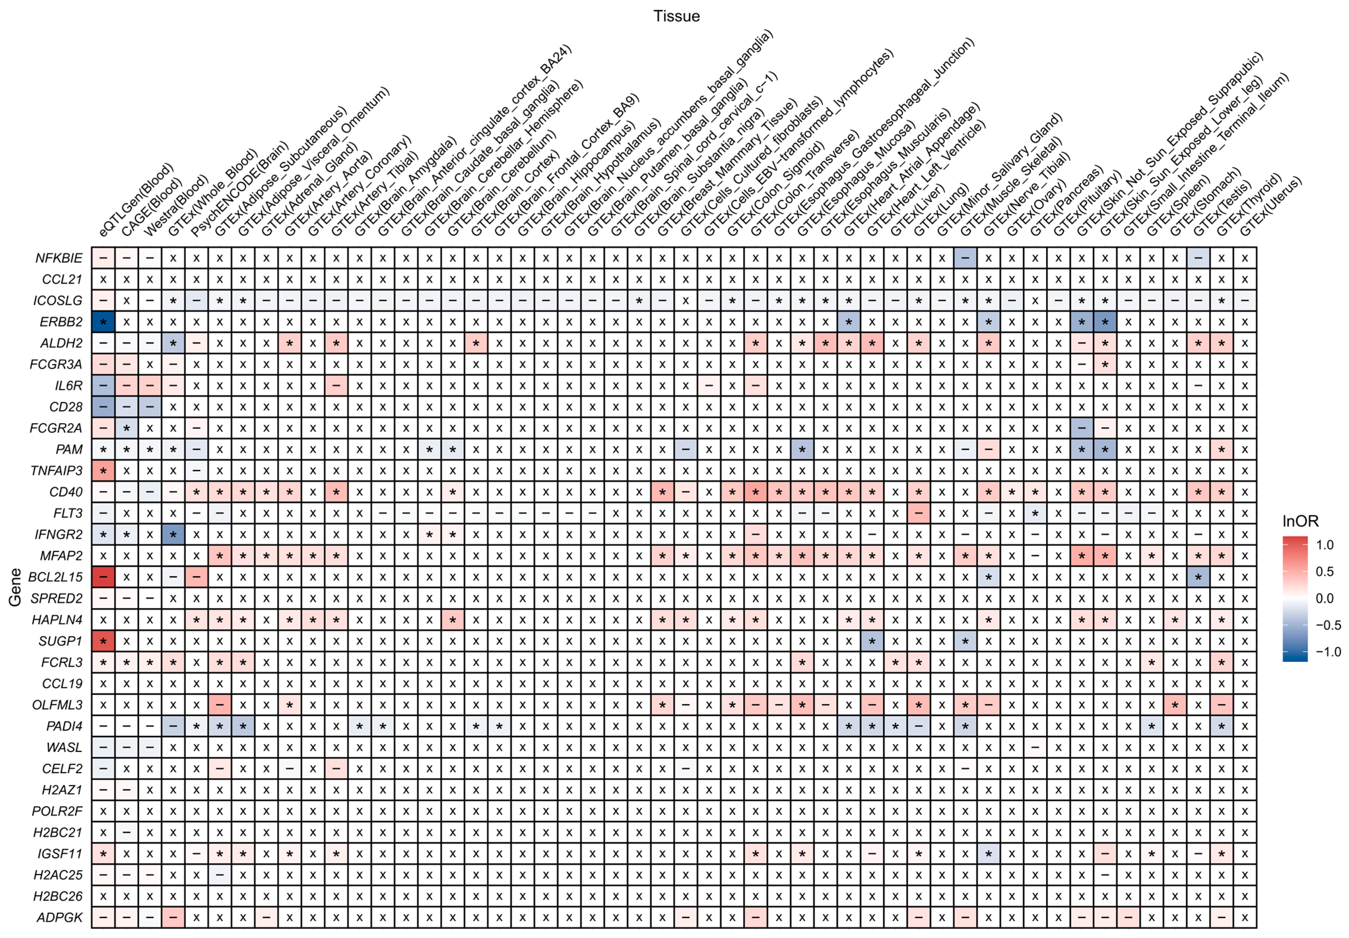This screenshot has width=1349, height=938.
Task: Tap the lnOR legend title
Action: [x=1300, y=521]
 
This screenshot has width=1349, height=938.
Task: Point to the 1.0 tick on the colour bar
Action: [x=1324, y=545]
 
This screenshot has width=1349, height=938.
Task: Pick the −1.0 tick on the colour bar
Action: [x=1327, y=651]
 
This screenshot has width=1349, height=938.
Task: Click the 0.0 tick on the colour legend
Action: [x=1324, y=598]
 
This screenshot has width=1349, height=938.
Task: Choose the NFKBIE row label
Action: [x=59, y=258]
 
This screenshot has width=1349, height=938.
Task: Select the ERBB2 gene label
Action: [x=61, y=322]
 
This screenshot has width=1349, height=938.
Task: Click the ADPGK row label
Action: [x=60, y=917]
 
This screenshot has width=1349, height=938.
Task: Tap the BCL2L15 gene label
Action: [x=55, y=577]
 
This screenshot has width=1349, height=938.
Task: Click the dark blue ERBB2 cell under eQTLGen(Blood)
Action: [x=104, y=322]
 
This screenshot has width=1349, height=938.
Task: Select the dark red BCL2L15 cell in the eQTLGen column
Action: [x=104, y=577]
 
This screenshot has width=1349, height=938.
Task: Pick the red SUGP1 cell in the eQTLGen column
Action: [x=104, y=641]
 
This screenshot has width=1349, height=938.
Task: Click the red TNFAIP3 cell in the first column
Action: [x=104, y=471]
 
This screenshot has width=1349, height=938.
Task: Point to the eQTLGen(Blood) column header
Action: [x=136, y=200]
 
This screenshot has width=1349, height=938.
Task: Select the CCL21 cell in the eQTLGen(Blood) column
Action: [x=104, y=279]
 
